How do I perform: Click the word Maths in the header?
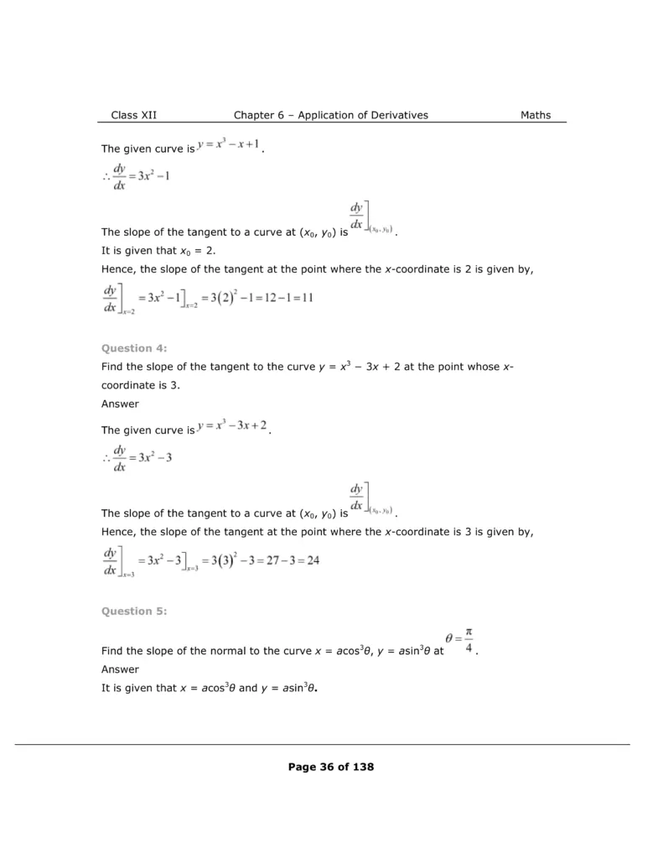coord(536,115)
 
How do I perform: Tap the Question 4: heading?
coord(134,347)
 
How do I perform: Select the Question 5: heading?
coord(134,611)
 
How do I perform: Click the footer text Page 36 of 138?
coord(330,766)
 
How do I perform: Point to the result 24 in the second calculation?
coord(312,560)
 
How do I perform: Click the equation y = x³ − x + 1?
coord(229,145)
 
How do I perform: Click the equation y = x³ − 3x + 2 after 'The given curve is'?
coord(232,426)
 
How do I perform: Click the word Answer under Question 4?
coord(120,403)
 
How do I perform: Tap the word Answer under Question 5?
coord(120,669)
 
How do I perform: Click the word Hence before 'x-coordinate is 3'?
coord(118,531)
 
